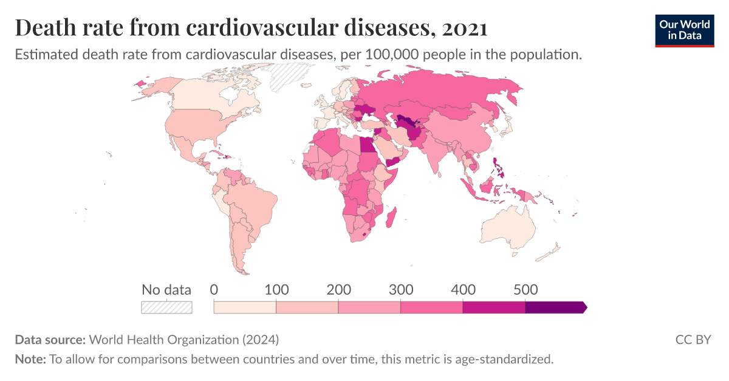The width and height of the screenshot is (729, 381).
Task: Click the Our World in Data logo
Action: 685,30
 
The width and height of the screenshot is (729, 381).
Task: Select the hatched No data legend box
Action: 166,307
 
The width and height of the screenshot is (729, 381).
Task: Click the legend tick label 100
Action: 277,289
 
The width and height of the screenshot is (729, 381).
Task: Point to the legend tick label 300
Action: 401,289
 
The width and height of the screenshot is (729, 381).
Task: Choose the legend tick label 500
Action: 525,289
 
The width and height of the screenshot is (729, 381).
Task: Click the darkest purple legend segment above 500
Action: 554,307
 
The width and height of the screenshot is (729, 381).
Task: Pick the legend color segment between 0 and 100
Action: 245,307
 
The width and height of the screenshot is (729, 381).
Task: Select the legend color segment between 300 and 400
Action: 431,307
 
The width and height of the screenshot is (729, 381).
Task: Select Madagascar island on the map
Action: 392,219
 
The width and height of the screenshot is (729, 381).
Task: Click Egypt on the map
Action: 368,146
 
